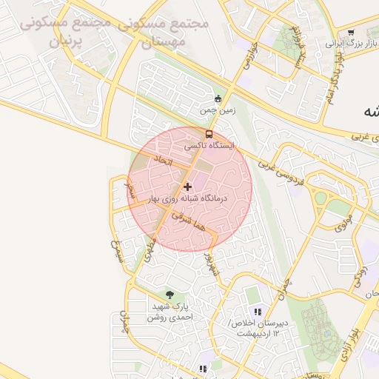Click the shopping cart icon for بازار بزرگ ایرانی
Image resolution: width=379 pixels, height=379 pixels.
350,32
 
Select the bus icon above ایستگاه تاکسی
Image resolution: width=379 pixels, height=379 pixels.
209,134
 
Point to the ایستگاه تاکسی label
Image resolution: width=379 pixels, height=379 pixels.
209,146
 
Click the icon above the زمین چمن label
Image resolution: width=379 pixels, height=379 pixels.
217,99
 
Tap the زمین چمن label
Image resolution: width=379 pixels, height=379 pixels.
218,111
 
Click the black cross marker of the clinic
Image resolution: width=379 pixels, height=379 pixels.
187,187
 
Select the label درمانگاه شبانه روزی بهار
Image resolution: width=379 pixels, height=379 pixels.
187,198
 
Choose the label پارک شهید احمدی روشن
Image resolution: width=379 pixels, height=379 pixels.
172,312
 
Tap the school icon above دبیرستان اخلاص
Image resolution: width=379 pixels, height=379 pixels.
258,312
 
